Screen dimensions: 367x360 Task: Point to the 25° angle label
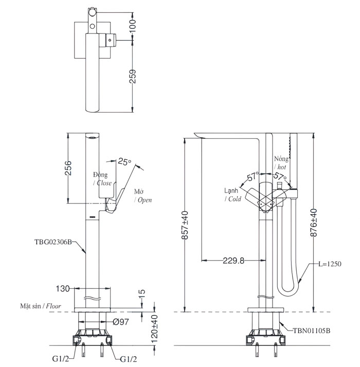coord(124,161)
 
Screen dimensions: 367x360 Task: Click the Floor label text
coord(53,306)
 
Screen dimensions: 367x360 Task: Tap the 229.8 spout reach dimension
coord(233,260)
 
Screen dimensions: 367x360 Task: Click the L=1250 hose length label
coord(330,264)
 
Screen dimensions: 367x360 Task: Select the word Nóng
coord(281,158)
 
